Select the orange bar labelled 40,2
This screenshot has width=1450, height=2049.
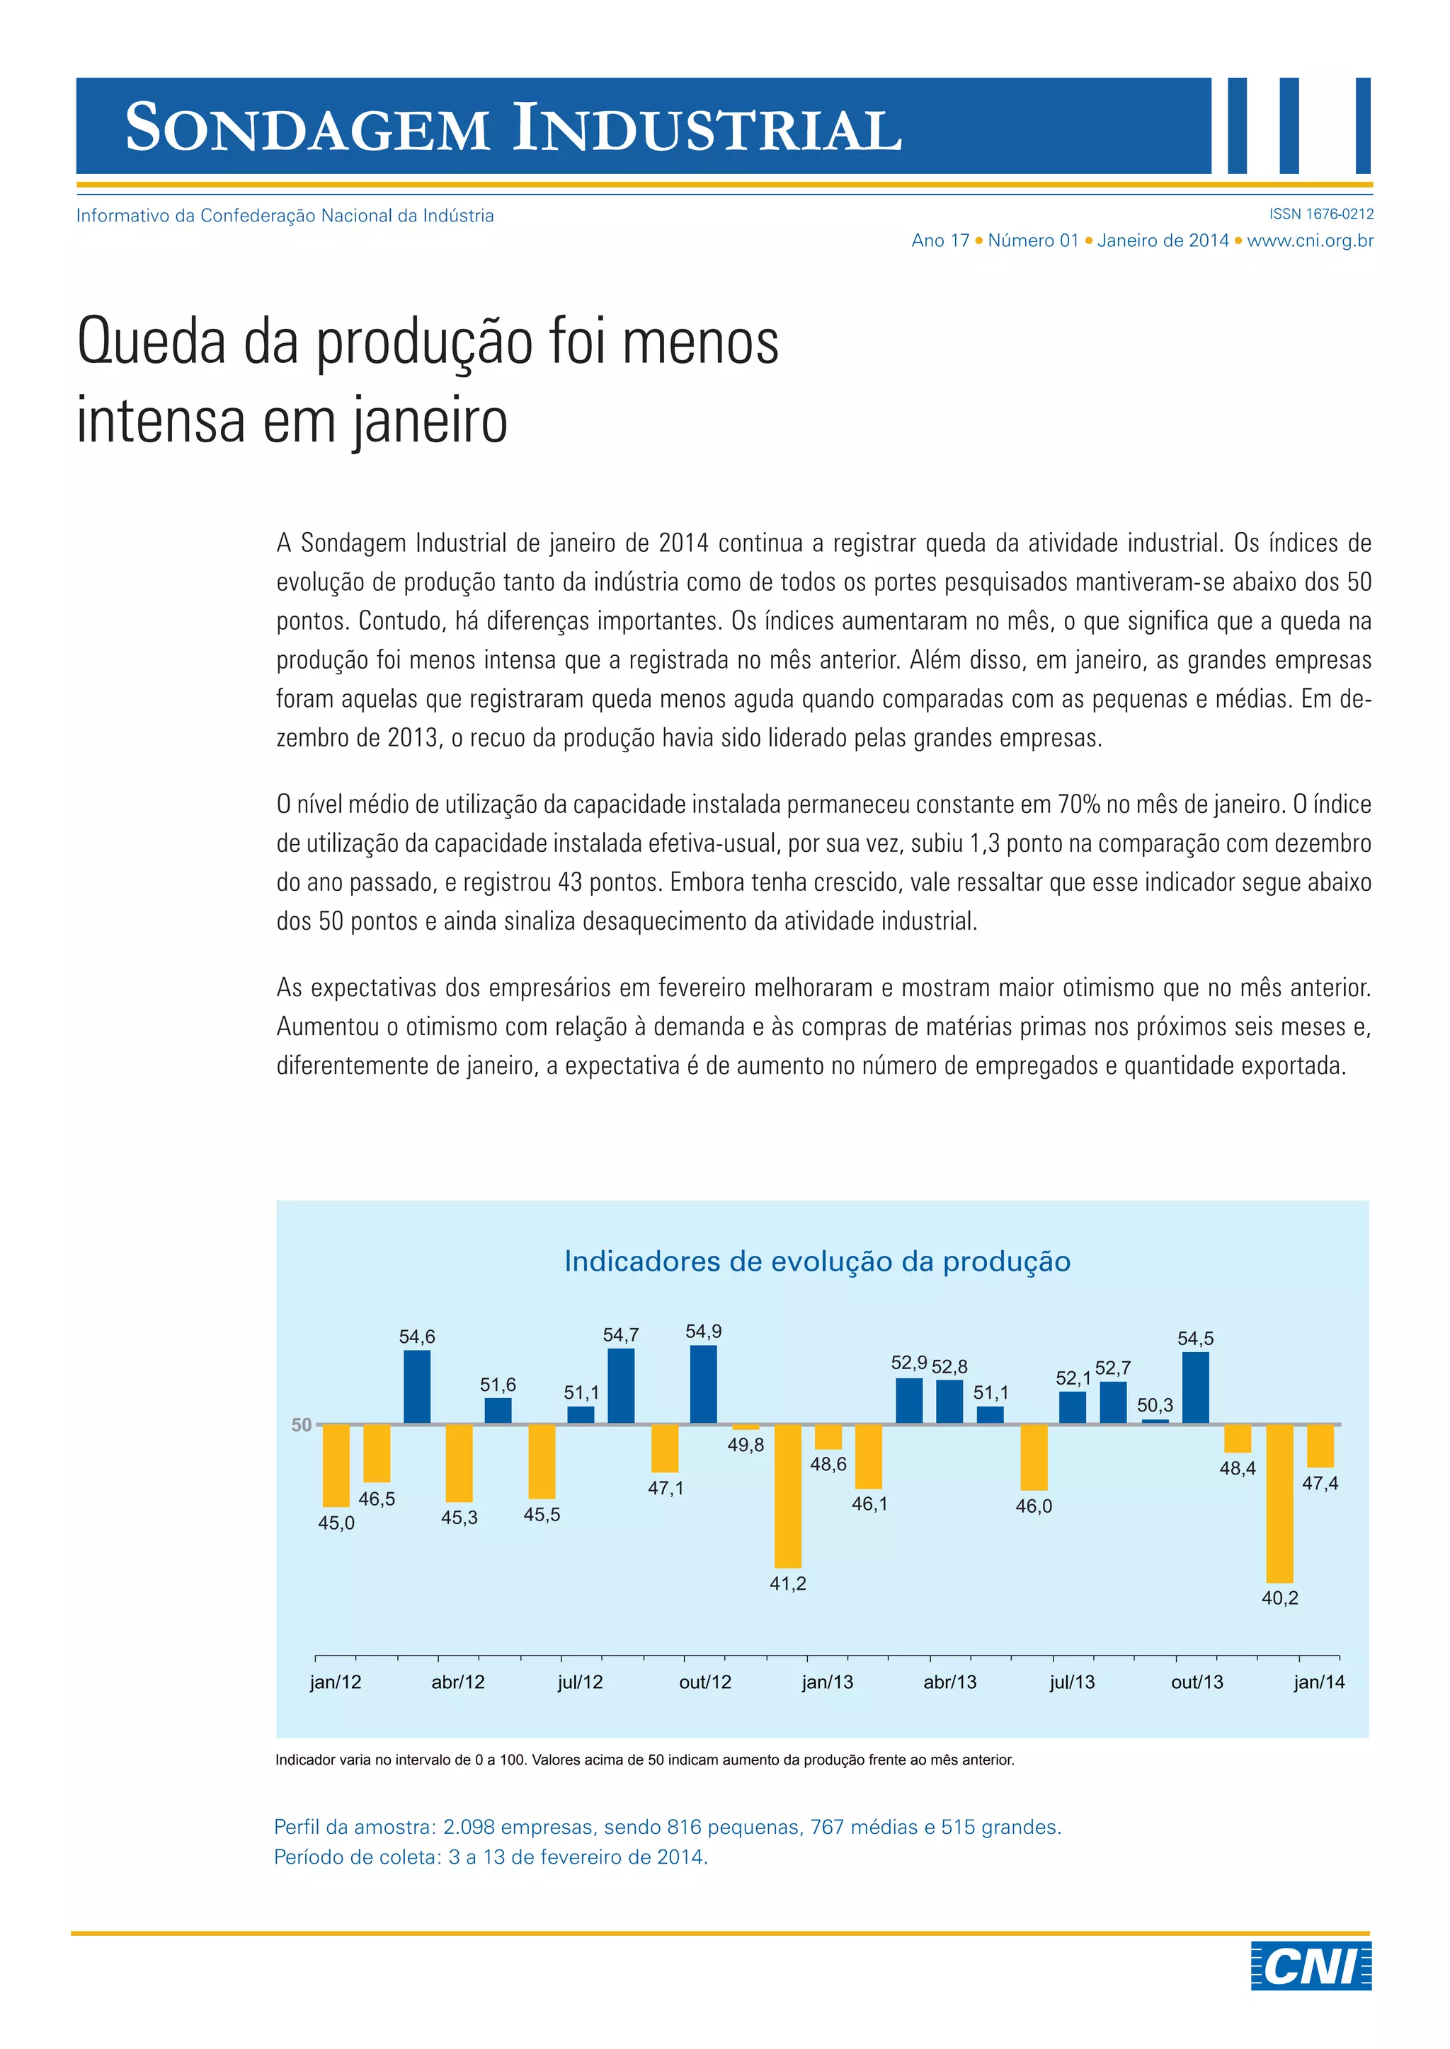point(1279,1503)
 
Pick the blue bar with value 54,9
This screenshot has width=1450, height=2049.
point(704,1384)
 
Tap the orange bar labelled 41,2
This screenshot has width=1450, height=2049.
point(787,1496)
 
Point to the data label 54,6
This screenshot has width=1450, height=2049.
point(417,1336)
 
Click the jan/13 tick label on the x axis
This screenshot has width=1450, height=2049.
point(828,1683)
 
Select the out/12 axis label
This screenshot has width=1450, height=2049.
point(705,1683)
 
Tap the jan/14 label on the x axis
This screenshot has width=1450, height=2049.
point(1320,1683)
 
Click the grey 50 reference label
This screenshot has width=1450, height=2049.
point(302,1425)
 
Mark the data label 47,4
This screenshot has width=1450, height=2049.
point(1320,1483)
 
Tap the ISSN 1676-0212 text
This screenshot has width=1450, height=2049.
point(1321,214)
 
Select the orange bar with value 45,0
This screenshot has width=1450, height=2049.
point(336,1465)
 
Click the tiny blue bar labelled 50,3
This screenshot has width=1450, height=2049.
point(1155,1421)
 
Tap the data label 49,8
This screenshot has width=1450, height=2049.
point(746,1445)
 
